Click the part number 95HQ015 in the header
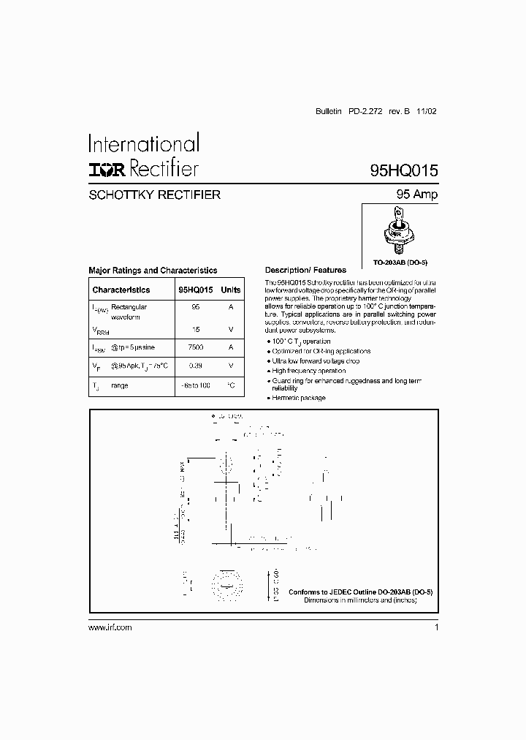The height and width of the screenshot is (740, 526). [403, 171]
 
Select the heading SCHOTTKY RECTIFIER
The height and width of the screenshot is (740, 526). [154, 195]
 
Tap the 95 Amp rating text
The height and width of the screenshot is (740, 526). [416, 195]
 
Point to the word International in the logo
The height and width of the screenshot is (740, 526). [143, 143]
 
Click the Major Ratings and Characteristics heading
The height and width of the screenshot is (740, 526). [153, 271]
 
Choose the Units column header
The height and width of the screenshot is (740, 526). [231, 290]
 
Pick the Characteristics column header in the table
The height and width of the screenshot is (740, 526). [121, 290]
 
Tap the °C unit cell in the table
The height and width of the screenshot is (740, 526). [231, 385]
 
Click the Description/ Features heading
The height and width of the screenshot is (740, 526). [305, 271]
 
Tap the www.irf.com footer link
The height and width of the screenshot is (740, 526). [110, 628]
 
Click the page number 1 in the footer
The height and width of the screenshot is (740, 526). [436, 628]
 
